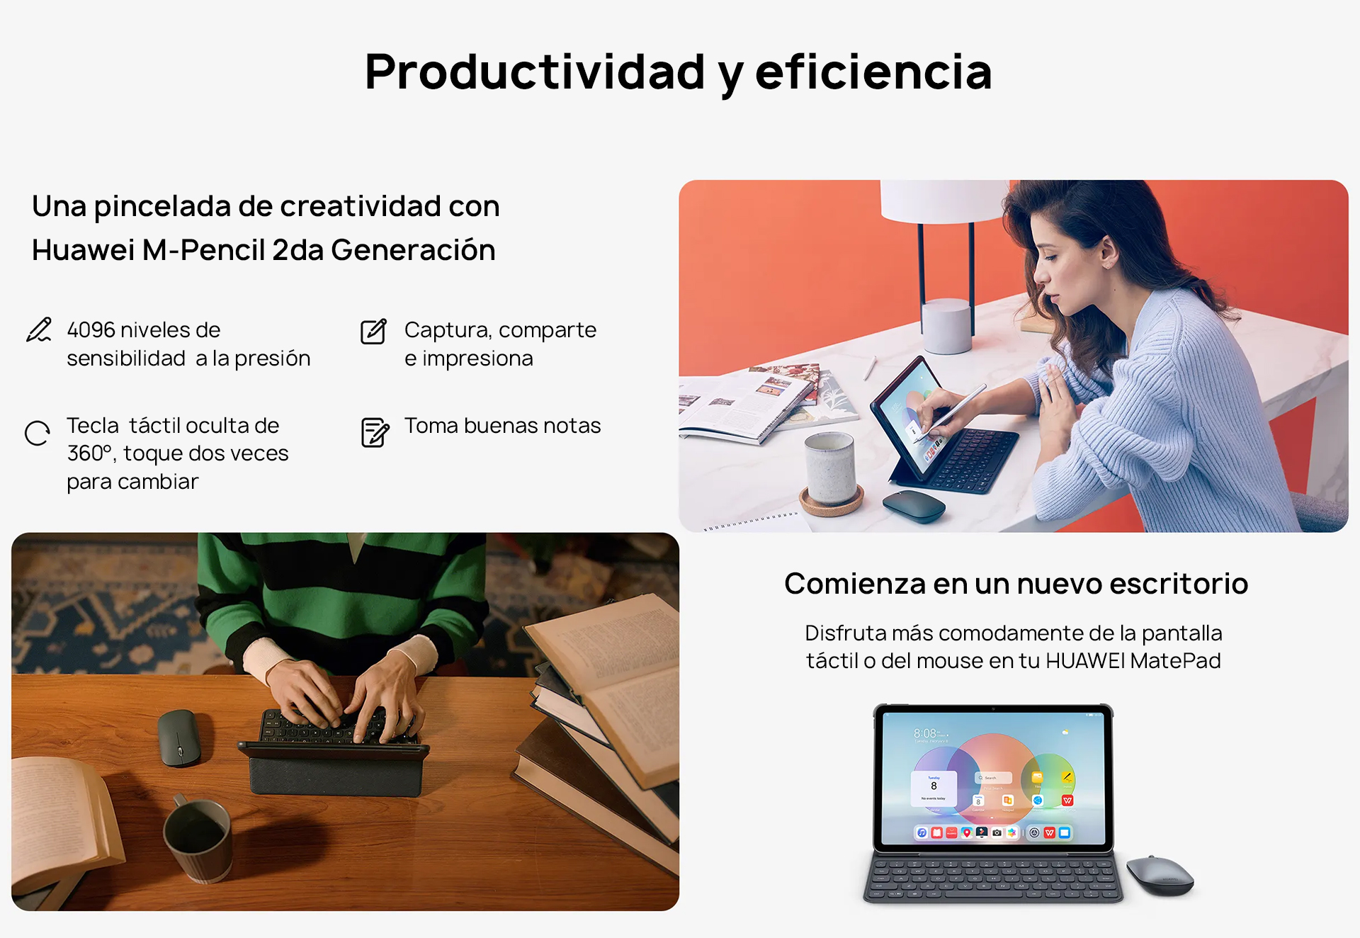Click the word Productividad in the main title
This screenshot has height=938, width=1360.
pyautogui.click(x=535, y=73)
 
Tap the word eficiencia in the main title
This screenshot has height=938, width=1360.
pyautogui.click(x=873, y=72)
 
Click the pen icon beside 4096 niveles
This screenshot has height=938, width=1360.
pyautogui.click(x=39, y=330)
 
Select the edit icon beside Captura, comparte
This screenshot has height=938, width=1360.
pyautogui.click(x=374, y=331)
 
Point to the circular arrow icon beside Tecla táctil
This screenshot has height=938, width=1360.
pyautogui.click(x=38, y=433)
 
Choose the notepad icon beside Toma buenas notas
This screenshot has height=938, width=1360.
pyautogui.click(x=375, y=432)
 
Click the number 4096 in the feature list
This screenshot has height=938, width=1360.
pyautogui.click(x=91, y=330)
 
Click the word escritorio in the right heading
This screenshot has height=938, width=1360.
pyautogui.click(x=1179, y=584)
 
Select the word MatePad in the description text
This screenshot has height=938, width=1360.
pyautogui.click(x=1175, y=661)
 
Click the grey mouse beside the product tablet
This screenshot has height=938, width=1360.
pyautogui.click(x=1160, y=875)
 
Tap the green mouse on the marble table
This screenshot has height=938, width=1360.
pyautogui.click(x=914, y=506)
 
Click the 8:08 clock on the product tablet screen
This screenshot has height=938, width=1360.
pyautogui.click(x=925, y=733)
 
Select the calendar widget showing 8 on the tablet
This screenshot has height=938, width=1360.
pyautogui.click(x=934, y=789)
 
